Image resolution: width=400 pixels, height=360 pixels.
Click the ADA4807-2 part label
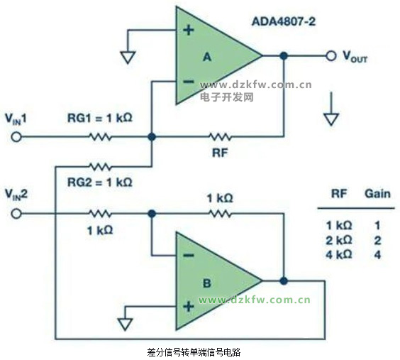[284, 21]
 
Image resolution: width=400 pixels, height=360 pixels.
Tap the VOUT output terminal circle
[331, 55]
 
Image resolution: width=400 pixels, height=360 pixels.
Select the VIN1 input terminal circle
[16, 137]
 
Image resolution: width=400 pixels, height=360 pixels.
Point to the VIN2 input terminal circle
[16, 214]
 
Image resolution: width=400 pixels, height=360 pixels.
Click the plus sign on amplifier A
[189, 30]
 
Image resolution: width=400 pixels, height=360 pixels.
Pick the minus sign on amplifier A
[189, 82]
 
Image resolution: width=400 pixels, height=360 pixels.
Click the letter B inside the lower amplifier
[206, 283]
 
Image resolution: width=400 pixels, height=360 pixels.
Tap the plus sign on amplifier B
[189, 306]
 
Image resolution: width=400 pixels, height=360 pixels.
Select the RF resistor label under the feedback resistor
[220, 153]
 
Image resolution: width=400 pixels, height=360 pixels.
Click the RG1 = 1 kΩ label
[100, 118]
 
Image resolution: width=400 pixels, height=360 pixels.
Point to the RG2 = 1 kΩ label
[100, 182]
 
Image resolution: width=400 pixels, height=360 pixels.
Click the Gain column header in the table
[377, 194]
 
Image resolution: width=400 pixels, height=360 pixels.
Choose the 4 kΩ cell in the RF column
[339, 254]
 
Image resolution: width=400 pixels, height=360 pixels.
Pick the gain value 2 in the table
[377, 241]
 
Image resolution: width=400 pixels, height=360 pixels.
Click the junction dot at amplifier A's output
[284, 55]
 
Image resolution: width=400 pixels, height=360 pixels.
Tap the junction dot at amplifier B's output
[284, 281]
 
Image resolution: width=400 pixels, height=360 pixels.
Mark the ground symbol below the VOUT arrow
[331, 119]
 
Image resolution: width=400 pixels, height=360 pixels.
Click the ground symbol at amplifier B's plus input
[125, 324]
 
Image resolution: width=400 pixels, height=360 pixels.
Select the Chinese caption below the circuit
[194, 352]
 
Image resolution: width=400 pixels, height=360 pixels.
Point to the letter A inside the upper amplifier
[207, 57]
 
